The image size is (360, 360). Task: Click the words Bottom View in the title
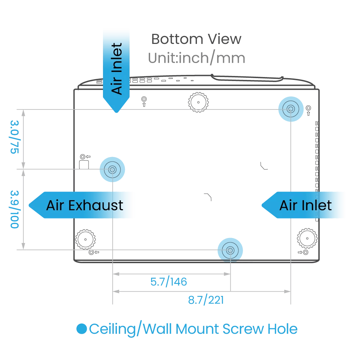tap(196, 39)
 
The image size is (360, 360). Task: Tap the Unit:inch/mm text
tap(197, 58)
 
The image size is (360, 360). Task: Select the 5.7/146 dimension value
tap(169, 282)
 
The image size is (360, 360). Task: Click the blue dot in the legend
tap(82, 329)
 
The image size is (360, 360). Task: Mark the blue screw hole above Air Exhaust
tap(112, 169)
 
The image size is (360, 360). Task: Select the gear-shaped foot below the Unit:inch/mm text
tap(198, 102)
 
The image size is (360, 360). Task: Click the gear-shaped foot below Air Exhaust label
tap(85, 239)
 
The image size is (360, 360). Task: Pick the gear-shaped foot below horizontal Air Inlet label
tap(307, 238)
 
